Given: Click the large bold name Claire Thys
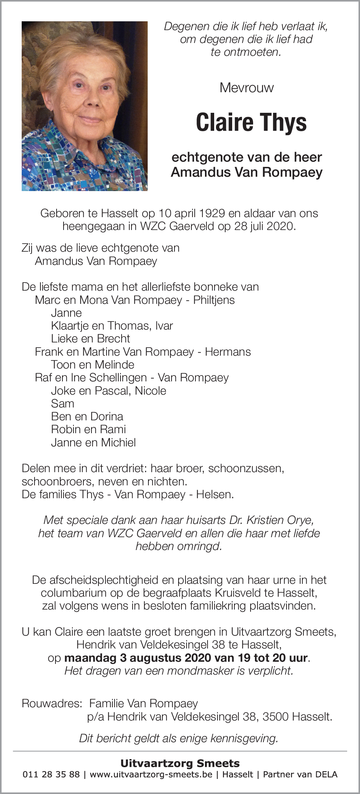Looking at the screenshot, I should coord(251,122).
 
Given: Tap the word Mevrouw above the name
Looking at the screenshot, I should coord(246,88).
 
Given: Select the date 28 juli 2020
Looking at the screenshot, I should coord(264,226).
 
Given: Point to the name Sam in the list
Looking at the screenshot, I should coord(62,403).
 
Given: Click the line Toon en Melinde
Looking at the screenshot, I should coord(93,364).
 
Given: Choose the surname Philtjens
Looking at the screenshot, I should coord(214,300).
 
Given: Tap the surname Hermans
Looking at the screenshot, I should coord(228,352).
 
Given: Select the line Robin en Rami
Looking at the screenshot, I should coord(88,429).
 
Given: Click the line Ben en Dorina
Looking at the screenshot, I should coord(87,416).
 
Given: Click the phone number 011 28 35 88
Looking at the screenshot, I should coord(51,774).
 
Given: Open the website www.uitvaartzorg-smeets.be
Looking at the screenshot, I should coord(151,774).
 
